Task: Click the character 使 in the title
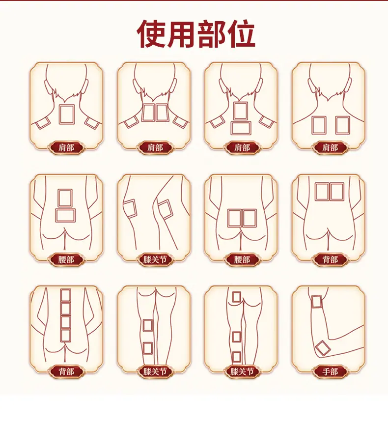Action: tap(151, 34)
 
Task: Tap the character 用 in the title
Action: tap(181, 34)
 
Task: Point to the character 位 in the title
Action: tap(241, 34)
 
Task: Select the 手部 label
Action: tap(330, 371)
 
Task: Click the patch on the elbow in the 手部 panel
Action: tap(323, 348)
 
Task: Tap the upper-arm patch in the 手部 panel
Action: tap(316, 301)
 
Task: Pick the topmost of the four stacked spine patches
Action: tap(66, 295)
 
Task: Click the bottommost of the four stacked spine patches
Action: tap(66, 336)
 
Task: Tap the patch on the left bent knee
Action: tap(130, 208)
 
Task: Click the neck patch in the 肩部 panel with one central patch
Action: tap(67, 114)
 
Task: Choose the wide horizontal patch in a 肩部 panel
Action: tap(241, 128)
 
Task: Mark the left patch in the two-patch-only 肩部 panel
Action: tap(319, 125)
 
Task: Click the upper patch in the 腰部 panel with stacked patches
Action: tap(65, 198)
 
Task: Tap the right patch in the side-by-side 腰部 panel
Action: tap(249, 218)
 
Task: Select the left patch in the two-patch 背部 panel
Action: tap(322, 192)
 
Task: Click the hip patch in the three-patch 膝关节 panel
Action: tap(237, 297)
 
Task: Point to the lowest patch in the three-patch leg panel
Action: tap(237, 356)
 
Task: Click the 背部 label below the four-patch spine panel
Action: tap(66, 371)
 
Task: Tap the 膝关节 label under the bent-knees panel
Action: tap(155, 260)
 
